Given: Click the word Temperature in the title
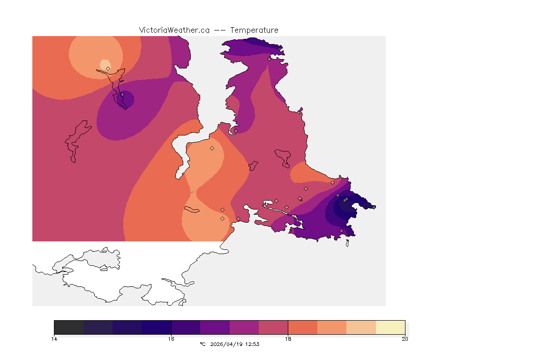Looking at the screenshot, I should click(x=254, y=30).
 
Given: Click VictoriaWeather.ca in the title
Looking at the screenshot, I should click(x=174, y=30).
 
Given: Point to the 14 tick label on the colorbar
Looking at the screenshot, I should click(x=54, y=338).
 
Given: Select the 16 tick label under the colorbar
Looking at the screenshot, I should click(x=171, y=338).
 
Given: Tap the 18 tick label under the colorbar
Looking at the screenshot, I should click(x=288, y=338).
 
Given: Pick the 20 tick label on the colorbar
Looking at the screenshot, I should click(x=405, y=338).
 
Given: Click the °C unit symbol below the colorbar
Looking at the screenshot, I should click(x=202, y=344).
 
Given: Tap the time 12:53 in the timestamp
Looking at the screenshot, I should click(x=252, y=344).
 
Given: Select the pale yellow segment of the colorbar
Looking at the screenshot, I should click(x=390, y=327).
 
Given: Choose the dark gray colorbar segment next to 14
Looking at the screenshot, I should click(x=69, y=327).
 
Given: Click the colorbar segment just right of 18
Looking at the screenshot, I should click(x=302, y=327).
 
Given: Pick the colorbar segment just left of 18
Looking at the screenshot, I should click(x=273, y=327).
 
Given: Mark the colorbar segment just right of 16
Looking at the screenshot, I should click(x=186, y=327).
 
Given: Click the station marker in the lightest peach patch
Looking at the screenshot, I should click(x=108, y=68).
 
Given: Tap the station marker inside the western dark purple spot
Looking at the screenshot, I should click(x=122, y=94).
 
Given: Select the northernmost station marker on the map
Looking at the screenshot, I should click(x=269, y=59).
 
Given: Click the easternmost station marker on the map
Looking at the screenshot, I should click(x=374, y=207).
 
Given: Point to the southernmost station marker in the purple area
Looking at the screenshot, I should click(x=341, y=231).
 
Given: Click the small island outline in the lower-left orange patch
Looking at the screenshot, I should click(x=192, y=209).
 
